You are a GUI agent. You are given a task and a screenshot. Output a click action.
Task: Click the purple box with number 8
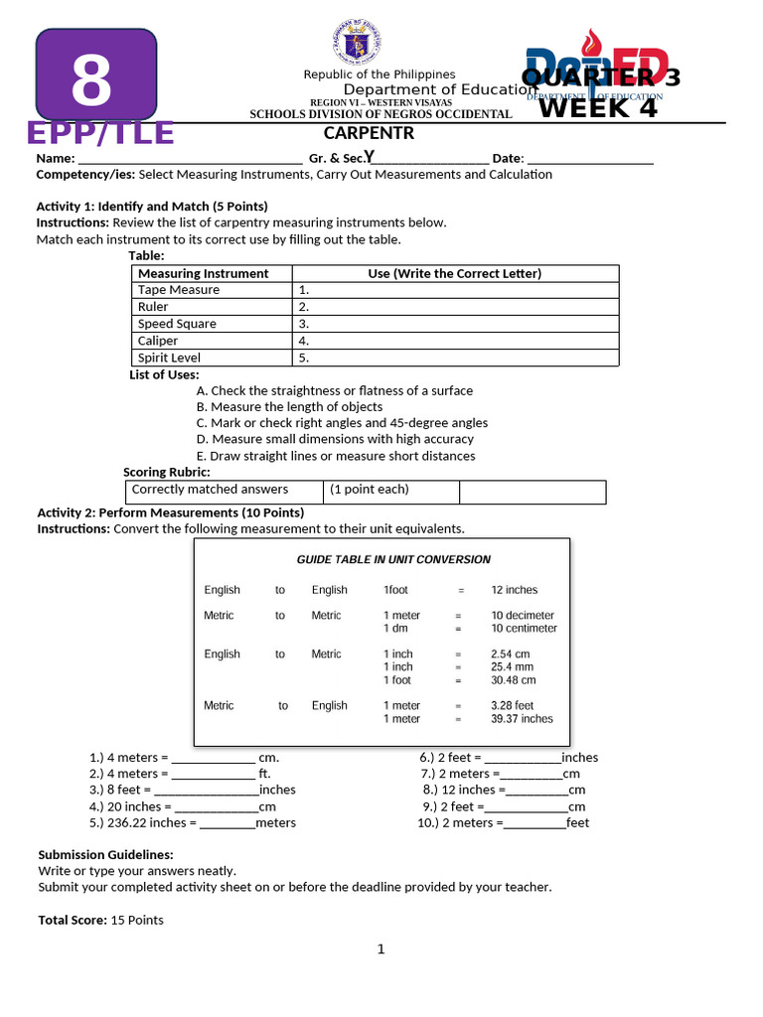(x=95, y=75)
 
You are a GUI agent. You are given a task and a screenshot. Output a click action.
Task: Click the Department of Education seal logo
(x=353, y=45)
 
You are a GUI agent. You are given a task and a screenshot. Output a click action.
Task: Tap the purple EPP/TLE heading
(x=100, y=133)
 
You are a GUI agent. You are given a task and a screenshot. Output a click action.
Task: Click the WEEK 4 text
(x=598, y=107)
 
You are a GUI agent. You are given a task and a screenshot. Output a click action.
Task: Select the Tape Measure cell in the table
(x=179, y=290)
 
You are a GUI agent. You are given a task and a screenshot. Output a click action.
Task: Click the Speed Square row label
(x=177, y=324)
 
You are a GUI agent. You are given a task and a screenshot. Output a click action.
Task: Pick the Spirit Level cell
(x=169, y=358)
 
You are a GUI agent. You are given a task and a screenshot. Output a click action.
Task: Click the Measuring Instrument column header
(x=203, y=273)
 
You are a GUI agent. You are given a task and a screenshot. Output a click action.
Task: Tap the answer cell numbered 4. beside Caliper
(x=455, y=341)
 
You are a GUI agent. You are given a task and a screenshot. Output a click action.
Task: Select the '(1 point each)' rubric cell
(x=370, y=490)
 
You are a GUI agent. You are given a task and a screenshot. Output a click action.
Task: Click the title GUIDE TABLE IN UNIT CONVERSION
(x=380, y=559)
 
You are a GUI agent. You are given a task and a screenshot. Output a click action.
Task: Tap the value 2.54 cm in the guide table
(x=511, y=654)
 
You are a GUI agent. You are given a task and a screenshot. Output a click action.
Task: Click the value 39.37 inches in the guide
(x=522, y=719)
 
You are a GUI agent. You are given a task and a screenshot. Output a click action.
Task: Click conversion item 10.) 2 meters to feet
(x=503, y=823)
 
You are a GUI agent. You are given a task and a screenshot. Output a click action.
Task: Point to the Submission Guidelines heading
(x=105, y=855)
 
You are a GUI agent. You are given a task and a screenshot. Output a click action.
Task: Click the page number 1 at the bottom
(x=381, y=949)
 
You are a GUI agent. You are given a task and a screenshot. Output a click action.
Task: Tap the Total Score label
(x=73, y=921)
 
